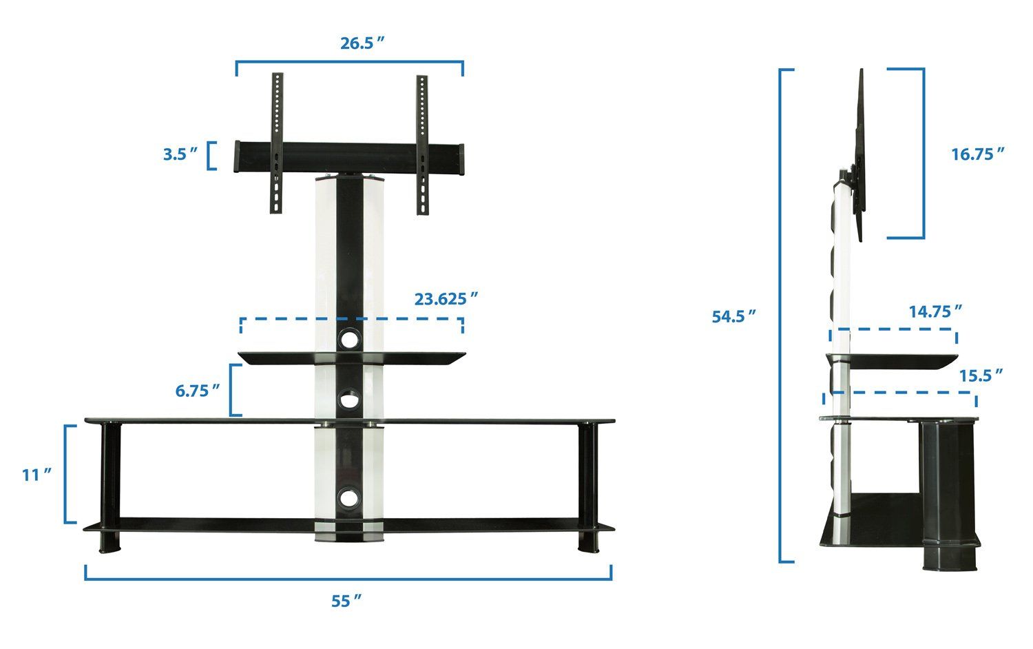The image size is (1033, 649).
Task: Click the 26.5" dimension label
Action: tap(362, 43)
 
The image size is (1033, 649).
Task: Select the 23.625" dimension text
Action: tap(446, 299)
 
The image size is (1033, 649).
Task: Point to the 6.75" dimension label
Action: tap(197, 391)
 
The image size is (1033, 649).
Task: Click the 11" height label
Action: tap(36, 475)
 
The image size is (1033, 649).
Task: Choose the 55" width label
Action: tap(346, 601)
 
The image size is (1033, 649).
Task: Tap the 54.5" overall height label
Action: tap(733, 316)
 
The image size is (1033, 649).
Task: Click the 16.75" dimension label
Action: tap(977, 154)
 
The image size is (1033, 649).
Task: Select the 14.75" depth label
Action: tap(935, 311)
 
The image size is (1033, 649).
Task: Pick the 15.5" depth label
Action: tap(981, 375)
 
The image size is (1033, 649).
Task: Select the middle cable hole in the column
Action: tap(349, 399)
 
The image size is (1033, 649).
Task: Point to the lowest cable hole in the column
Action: tap(349, 497)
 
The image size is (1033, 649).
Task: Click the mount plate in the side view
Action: tap(861, 155)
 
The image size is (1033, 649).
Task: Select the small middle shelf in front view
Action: tap(352, 357)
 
